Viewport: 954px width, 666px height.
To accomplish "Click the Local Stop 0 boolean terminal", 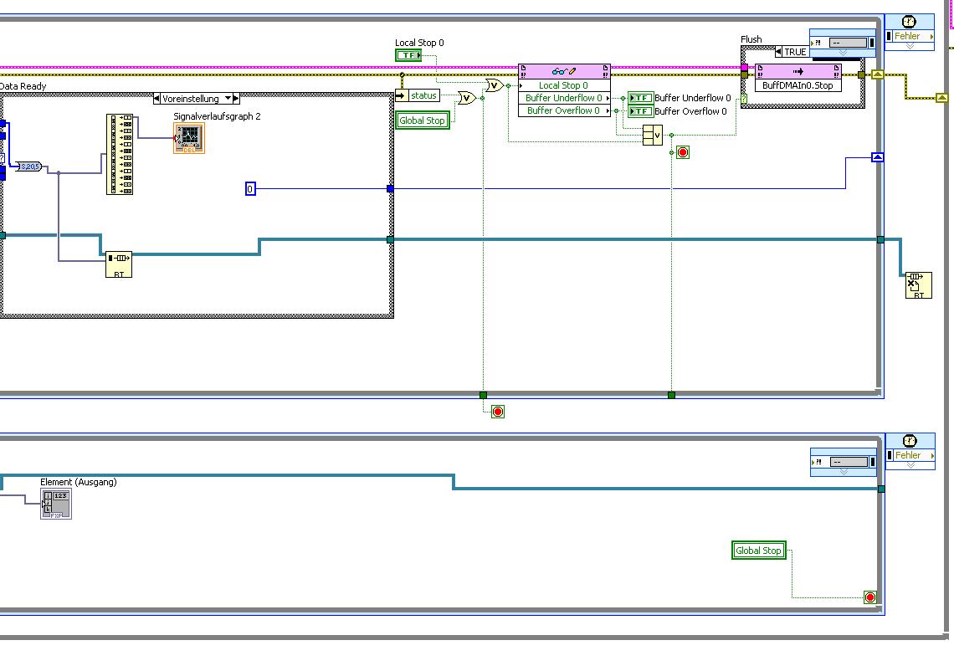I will [x=408, y=55].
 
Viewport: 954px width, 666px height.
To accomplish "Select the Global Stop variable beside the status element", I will [x=423, y=120].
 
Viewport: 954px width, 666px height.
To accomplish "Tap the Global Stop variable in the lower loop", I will [x=758, y=551].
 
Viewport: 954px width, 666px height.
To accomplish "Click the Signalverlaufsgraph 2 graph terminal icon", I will [x=188, y=138].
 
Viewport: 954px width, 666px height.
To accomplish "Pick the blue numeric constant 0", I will [x=250, y=189].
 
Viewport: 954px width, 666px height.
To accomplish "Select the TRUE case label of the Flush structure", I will [x=795, y=52].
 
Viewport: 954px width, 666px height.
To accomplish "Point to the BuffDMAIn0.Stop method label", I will [x=798, y=85].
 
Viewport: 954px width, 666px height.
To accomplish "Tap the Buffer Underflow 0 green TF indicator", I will [x=640, y=98].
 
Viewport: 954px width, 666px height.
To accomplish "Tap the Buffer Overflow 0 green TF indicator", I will [x=640, y=111].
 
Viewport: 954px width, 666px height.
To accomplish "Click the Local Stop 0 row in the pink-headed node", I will [x=563, y=85].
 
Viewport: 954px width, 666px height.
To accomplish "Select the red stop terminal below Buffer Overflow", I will [x=683, y=152].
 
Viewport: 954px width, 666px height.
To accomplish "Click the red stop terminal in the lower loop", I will [x=869, y=597].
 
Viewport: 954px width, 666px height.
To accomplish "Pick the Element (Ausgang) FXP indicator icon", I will [x=57, y=504].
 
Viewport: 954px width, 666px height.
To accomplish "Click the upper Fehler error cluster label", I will [x=908, y=36].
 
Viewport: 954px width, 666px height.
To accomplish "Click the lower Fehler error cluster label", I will [x=908, y=455].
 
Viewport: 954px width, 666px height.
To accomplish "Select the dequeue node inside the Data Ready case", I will [x=119, y=265].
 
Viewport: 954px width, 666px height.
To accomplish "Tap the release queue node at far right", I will [x=918, y=285].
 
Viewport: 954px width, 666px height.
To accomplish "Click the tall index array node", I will [x=120, y=155].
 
